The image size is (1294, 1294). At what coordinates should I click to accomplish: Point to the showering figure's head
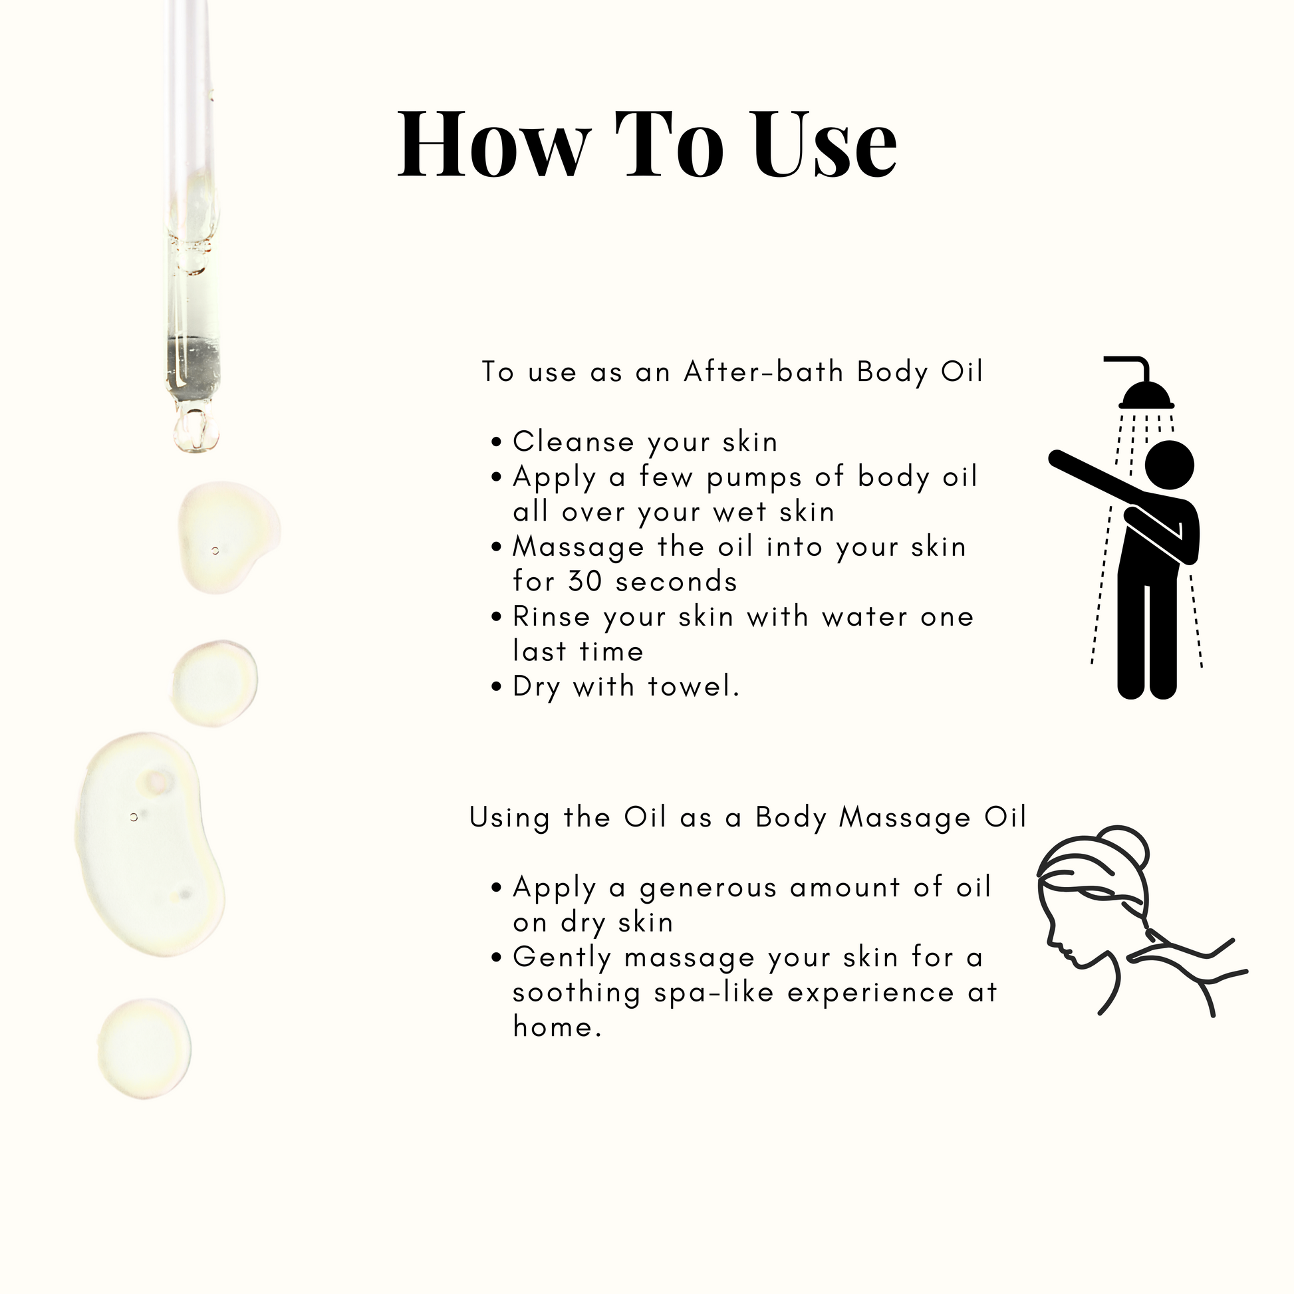pyautogui.click(x=1170, y=465)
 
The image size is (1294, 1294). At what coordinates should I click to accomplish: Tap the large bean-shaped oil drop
pyautogui.click(x=149, y=844)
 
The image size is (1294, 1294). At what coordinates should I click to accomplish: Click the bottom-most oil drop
pyautogui.click(x=145, y=1049)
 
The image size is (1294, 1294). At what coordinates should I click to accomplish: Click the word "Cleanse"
pyautogui.click(x=573, y=442)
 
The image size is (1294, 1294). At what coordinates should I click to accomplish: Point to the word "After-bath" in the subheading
pyautogui.click(x=763, y=372)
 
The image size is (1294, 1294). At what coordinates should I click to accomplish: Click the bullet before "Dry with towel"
pyautogui.click(x=496, y=686)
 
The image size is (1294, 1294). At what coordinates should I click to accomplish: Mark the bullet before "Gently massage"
pyautogui.click(x=496, y=958)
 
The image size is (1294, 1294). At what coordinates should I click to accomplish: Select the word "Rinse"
pyautogui.click(x=551, y=616)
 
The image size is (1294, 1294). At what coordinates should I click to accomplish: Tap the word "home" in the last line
pyautogui.click(x=553, y=1027)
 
